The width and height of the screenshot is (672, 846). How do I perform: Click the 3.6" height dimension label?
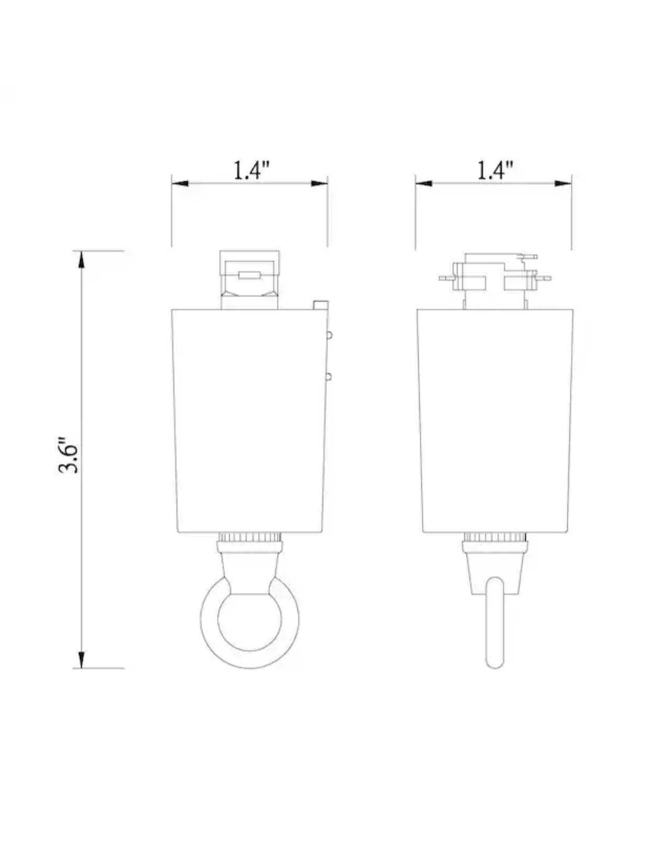[x=69, y=455]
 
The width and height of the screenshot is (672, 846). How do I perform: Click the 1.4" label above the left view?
[x=252, y=170]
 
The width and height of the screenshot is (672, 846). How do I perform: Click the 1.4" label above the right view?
[x=495, y=170]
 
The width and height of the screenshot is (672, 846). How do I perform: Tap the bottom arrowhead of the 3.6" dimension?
[x=81, y=660]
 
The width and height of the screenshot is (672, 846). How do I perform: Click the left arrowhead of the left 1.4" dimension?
[x=180, y=183]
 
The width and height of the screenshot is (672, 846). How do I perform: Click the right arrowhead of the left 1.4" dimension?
[x=319, y=183]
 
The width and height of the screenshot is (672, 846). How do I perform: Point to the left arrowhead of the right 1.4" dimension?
[x=423, y=183]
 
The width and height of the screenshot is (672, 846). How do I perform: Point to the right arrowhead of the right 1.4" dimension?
[x=563, y=183]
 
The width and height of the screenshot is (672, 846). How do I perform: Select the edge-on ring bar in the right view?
[x=495, y=624]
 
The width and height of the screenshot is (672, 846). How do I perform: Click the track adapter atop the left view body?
[x=250, y=279]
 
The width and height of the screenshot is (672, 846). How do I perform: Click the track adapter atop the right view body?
[x=495, y=279]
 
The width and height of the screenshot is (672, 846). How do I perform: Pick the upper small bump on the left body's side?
[x=329, y=335]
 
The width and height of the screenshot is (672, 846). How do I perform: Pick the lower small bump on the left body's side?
[x=329, y=376]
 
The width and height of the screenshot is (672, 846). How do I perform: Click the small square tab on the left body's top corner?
[x=320, y=305]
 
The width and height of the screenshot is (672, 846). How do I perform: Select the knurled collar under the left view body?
[x=251, y=537]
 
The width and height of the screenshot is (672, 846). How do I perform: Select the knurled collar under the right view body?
[x=495, y=537]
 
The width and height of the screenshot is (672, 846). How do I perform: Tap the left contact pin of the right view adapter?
[x=446, y=278]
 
